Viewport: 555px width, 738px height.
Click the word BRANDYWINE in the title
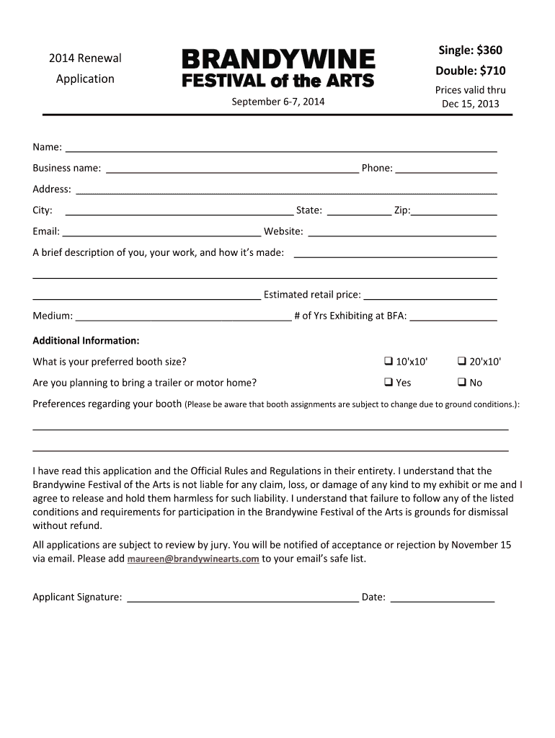(x=277, y=59)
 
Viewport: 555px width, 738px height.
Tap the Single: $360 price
(x=471, y=50)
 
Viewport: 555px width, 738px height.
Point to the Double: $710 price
(x=471, y=71)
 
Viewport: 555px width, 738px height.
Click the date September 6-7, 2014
(x=277, y=102)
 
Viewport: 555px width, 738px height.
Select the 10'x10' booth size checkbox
(x=388, y=361)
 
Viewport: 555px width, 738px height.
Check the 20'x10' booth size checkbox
(x=462, y=361)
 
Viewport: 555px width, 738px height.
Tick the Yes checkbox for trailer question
(x=388, y=382)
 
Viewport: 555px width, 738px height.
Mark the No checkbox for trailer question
(x=462, y=382)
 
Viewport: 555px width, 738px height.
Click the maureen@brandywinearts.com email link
(x=193, y=559)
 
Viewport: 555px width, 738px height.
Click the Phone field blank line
(x=446, y=171)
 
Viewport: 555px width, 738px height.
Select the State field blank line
(x=358, y=213)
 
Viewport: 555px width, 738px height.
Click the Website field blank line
(x=402, y=234)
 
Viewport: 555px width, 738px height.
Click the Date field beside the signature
(x=442, y=598)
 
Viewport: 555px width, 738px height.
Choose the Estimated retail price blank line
(x=431, y=296)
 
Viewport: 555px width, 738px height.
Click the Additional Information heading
(x=86, y=340)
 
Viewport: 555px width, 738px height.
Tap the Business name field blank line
(x=232, y=171)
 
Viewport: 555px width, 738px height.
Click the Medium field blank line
(x=183, y=317)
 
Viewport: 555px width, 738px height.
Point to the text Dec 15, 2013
(x=470, y=104)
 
